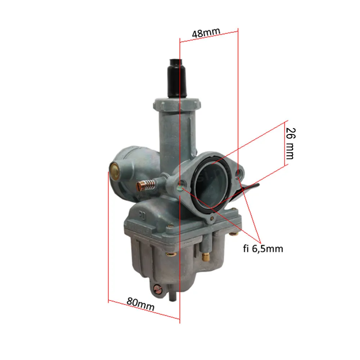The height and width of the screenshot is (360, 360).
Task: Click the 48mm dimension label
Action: (x=206, y=33)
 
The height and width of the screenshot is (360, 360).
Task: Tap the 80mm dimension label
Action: (x=140, y=304)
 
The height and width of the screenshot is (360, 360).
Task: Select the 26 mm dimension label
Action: (x=291, y=144)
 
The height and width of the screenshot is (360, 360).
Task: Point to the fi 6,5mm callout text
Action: (x=263, y=249)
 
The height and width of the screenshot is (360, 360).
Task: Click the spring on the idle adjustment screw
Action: (x=150, y=185)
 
